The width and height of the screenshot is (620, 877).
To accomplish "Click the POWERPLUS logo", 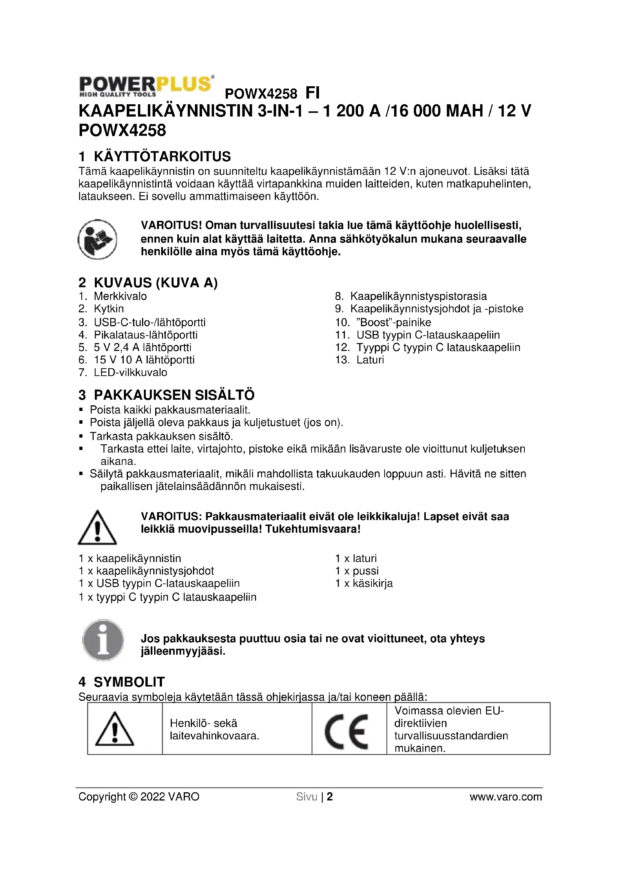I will (146, 86).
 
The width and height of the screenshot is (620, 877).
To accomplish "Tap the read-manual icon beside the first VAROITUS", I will (97, 240).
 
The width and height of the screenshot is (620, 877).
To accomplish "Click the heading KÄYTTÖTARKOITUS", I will (162, 157).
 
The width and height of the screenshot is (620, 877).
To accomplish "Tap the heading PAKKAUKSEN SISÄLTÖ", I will (174, 395).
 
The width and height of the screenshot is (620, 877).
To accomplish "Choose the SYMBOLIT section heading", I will (129, 682).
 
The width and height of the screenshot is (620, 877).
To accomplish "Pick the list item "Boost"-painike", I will (393, 322).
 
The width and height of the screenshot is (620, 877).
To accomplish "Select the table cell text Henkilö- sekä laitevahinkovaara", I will (214, 729).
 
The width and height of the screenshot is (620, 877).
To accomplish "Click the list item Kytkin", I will (109, 309).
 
